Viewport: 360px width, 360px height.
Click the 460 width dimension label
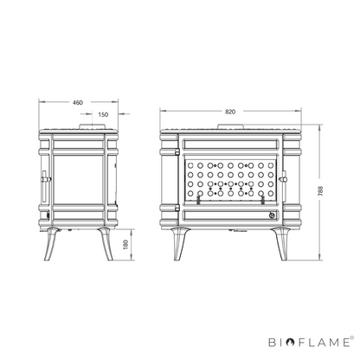pos(77,102)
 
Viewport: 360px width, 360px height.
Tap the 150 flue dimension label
pos(103,114)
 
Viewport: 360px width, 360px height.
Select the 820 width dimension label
pos(230,112)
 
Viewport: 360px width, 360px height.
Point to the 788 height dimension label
pos(320,191)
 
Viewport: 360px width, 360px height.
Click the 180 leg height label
pos(125,245)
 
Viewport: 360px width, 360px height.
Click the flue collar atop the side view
pos(93,126)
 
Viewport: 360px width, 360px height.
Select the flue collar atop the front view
pos(231,126)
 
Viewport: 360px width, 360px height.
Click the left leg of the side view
pos(51,244)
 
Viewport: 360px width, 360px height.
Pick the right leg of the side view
pos(106,244)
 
